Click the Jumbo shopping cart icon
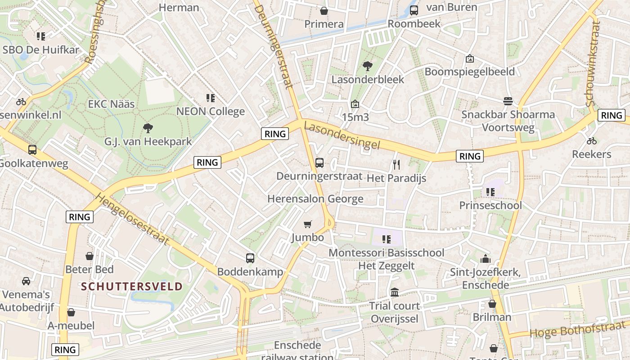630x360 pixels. (308, 224)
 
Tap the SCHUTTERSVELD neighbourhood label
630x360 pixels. (132, 287)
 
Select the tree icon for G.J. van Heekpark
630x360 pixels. (148, 128)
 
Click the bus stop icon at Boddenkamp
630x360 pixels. (250, 258)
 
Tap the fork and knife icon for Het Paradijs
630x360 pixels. (396, 165)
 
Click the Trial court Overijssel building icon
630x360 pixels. (395, 292)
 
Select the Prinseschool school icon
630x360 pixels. (490, 192)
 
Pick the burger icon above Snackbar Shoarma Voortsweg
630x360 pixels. (508, 101)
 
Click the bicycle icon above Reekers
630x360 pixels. (591, 141)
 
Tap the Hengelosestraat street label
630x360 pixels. (133, 220)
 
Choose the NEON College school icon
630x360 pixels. (210, 98)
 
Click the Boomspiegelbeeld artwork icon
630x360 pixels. (469, 58)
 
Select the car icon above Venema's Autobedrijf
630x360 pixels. (26, 281)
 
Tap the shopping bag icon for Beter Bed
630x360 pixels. (90, 256)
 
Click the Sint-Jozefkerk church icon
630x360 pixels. (485, 259)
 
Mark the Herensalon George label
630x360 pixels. (315, 199)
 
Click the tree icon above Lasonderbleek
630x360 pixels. (368, 66)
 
